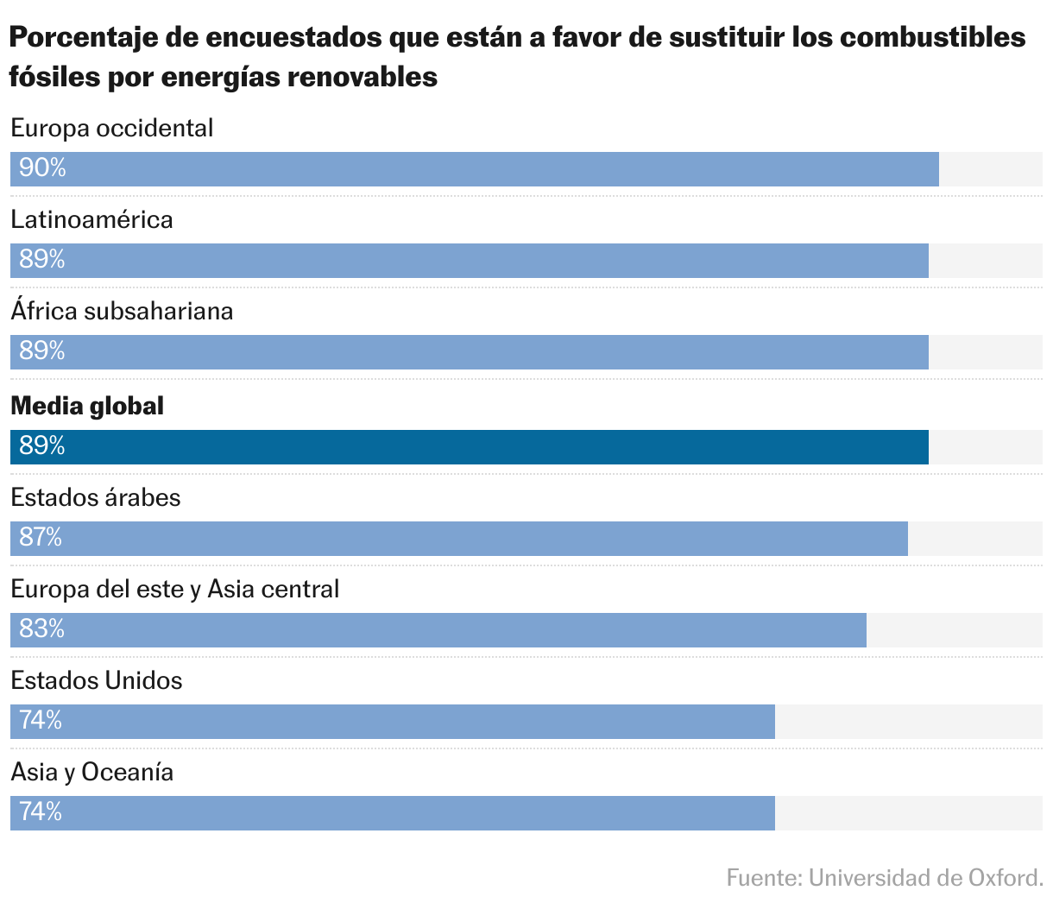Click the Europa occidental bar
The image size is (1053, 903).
click(x=475, y=169)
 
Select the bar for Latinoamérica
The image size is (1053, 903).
click(x=470, y=261)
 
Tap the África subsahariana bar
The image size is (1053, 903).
click(x=470, y=352)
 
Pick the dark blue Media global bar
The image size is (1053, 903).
click(x=470, y=447)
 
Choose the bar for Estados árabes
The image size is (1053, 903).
click(x=459, y=539)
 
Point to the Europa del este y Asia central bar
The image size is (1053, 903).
click(x=438, y=630)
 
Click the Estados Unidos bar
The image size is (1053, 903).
click(x=393, y=722)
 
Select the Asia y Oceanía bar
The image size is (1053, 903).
click(x=393, y=813)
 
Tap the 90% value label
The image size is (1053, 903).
click(x=42, y=168)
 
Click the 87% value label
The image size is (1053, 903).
click(x=41, y=538)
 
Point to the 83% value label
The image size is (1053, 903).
click(x=42, y=629)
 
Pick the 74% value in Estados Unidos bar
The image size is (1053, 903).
click(x=41, y=721)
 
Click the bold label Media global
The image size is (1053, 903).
click(x=87, y=406)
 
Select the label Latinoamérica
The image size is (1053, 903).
click(x=91, y=219)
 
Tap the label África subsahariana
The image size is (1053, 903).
click(x=122, y=311)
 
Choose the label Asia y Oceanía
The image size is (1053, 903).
click(x=91, y=772)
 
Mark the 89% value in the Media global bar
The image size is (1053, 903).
click(x=42, y=446)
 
